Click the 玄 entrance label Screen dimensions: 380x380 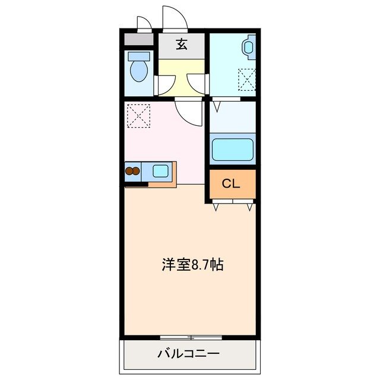click(x=182, y=45)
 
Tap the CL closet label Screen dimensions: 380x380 click(x=231, y=183)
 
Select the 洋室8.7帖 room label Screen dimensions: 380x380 click(x=192, y=265)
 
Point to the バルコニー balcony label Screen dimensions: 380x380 click(x=188, y=354)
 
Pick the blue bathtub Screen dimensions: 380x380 click(x=232, y=150)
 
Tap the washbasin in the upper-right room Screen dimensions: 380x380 click(x=249, y=47)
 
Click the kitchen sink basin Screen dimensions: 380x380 click(x=160, y=171)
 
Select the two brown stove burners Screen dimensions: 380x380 click(x=132, y=172)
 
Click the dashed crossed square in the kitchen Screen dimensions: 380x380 click(x=138, y=115)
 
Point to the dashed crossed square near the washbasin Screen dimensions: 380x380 click(x=246, y=79)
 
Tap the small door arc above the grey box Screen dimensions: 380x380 click(x=144, y=23)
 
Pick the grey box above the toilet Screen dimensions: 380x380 click(x=138, y=40)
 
